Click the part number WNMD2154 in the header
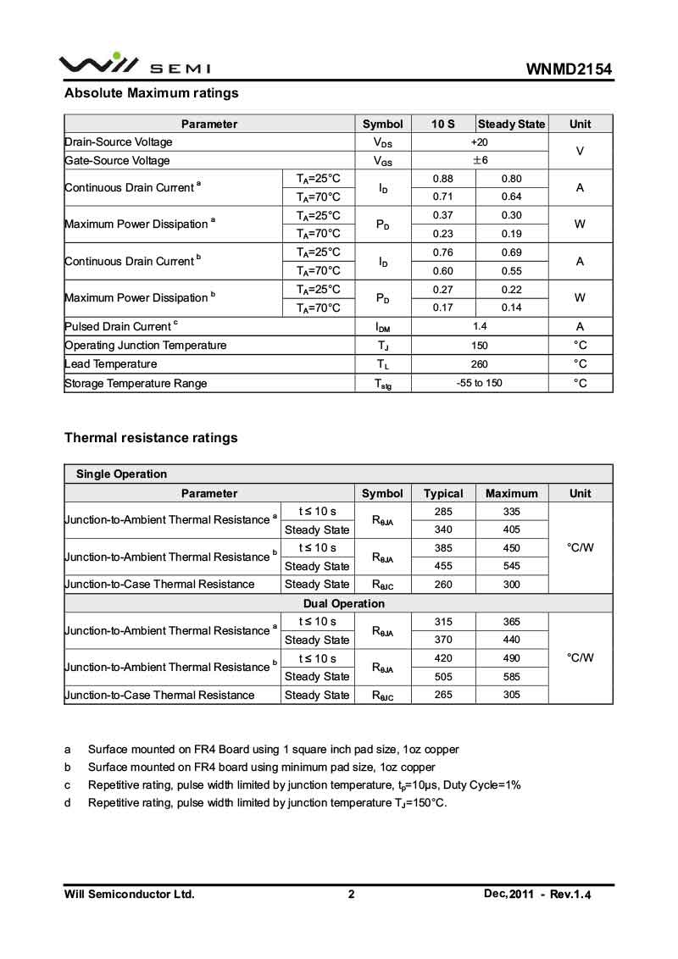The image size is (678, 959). [569, 69]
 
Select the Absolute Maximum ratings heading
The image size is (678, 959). [152, 93]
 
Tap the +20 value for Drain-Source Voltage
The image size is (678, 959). [479, 142]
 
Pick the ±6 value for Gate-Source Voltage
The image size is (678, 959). [479, 161]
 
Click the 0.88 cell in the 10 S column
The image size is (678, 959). [442, 179]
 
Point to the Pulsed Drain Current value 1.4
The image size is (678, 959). [479, 327]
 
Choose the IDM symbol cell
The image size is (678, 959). [382, 327]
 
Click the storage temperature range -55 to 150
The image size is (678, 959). [479, 383]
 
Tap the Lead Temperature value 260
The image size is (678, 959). [479, 364]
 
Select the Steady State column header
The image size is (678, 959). [511, 124]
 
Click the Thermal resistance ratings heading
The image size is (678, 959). [151, 438]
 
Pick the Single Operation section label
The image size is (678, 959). [121, 474]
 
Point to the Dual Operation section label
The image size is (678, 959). [343, 604]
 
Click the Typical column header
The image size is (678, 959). [443, 493]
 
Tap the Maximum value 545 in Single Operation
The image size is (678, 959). [511, 566]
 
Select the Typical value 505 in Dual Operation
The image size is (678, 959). [443, 677]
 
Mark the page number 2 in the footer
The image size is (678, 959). [351, 894]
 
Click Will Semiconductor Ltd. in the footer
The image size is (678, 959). [130, 894]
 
